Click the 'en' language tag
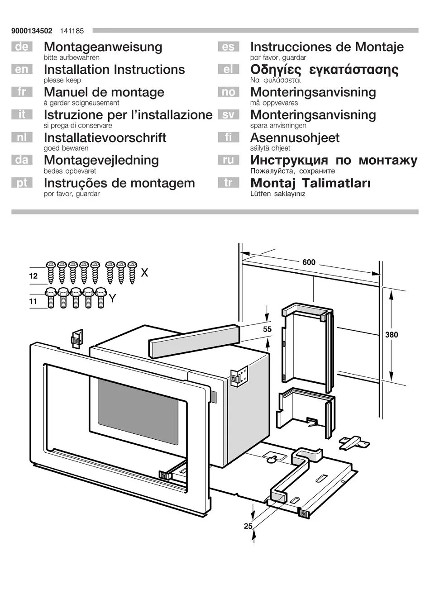[x=22, y=70]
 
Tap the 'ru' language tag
[x=228, y=160]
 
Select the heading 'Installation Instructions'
[x=114, y=70]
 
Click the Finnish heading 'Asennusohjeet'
[x=295, y=138]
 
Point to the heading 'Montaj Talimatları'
[x=311, y=183]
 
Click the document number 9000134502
[x=32, y=31]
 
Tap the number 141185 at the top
[x=72, y=31]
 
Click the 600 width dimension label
[x=309, y=262]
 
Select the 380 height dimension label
[x=392, y=335]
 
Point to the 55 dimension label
[x=268, y=329]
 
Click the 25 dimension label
[x=248, y=526]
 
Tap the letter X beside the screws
[x=144, y=273]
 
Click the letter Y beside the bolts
[x=113, y=299]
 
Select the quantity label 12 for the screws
[x=33, y=275]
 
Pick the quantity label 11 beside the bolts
[x=33, y=301]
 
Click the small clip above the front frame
[x=76, y=338]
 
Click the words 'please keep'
[x=62, y=81]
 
